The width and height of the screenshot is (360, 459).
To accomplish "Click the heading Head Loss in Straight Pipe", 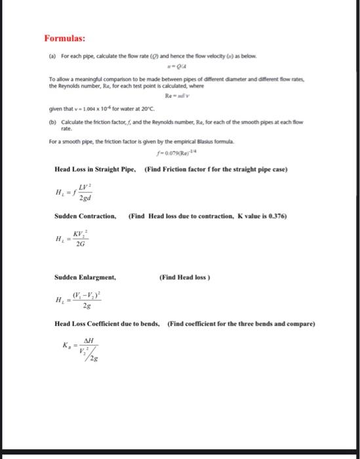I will pos(94,170).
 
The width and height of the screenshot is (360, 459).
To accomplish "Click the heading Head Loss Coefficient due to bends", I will pos(108,324).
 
